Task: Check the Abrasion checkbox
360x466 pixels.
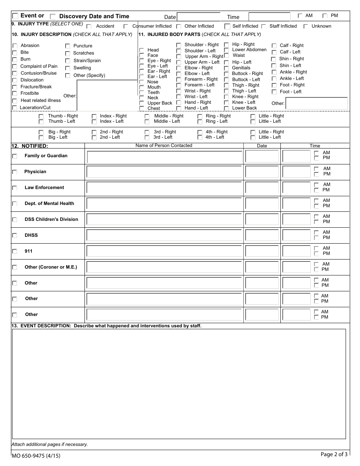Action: (x=15, y=46)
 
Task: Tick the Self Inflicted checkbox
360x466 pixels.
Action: (x=227, y=27)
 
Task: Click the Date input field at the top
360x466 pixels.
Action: (x=199, y=17)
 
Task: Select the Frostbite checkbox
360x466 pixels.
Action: (x=15, y=94)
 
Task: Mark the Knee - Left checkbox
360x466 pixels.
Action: (x=226, y=103)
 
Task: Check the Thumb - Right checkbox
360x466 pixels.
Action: (x=41, y=116)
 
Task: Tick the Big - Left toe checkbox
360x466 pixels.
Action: (x=41, y=138)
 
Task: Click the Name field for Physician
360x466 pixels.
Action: (x=164, y=172)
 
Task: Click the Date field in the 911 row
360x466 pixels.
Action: (x=262, y=252)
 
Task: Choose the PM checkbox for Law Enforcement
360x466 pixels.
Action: (x=316, y=190)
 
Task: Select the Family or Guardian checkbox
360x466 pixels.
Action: (x=15, y=156)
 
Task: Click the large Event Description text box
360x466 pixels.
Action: (x=179, y=383)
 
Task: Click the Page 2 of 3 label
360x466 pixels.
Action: (x=333, y=454)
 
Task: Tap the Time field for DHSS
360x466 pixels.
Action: (x=296, y=236)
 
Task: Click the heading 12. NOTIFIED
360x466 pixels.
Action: (x=30, y=146)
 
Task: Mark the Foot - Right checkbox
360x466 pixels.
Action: (x=274, y=85)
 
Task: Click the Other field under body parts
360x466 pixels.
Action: (x=316, y=103)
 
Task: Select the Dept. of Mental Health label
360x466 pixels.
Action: (x=49, y=203)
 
